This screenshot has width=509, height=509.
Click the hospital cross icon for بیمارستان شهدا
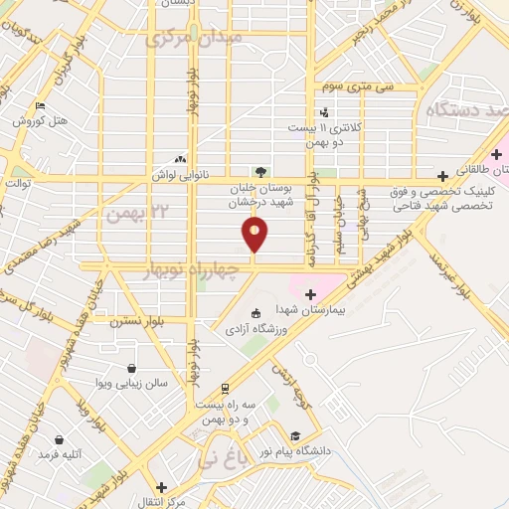pyautogui.click(x=310, y=293)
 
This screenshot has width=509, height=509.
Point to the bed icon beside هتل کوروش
pyautogui.click(x=40, y=106)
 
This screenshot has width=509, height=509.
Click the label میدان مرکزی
pyautogui.click(x=193, y=39)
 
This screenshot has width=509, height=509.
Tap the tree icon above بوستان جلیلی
pyautogui.click(x=260, y=172)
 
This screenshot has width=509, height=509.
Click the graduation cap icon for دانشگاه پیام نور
pyautogui.click(x=294, y=435)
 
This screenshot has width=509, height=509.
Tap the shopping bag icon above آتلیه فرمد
pyautogui.click(x=60, y=439)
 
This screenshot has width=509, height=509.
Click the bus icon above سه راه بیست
pyautogui.click(x=226, y=389)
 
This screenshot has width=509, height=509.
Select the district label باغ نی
pyautogui.click(x=219, y=460)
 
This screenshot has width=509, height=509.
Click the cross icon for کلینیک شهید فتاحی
pyautogui.click(x=442, y=176)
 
